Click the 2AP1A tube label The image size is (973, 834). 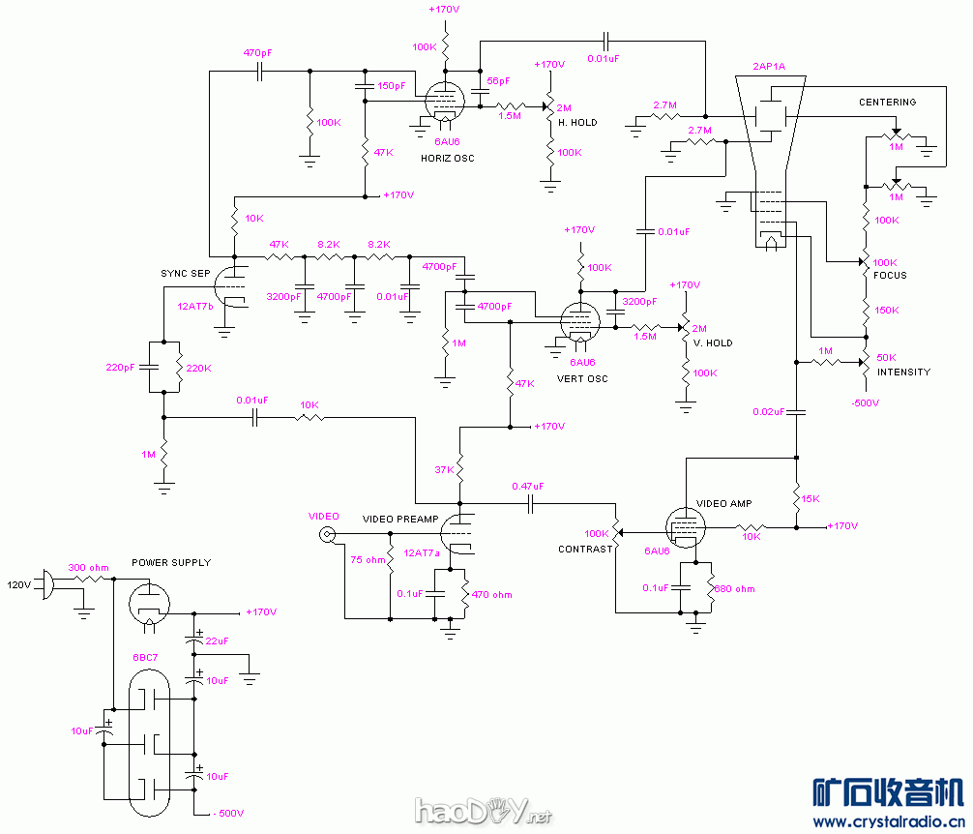click(769, 68)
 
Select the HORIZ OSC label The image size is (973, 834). click(448, 158)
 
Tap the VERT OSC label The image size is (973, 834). click(582, 378)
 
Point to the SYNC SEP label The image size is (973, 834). click(185, 274)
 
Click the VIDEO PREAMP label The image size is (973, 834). click(400, 520)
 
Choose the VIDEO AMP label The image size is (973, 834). click(724, 504)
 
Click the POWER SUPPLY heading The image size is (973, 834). click(171, 562)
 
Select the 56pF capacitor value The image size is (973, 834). click(498, 81)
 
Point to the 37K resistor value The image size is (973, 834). click(444, 470)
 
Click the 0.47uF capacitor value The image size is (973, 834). click(528, 487)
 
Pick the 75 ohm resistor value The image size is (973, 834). click(368, 559)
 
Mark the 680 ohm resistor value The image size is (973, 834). click(734, 588)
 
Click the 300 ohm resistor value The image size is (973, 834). click(88, 567)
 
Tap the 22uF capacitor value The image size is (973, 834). click(216, 640)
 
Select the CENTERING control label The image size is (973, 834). click(887, 103)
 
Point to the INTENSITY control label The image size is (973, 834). click(903, 372)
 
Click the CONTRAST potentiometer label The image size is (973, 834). click(585, 549)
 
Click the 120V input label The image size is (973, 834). click(20, 584)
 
